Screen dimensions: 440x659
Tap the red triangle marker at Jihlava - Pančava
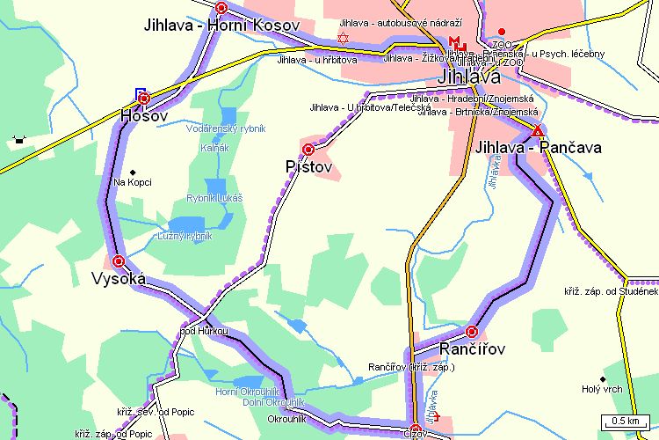537,131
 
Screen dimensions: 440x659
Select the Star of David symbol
343,38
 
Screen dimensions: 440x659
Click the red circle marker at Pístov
308,150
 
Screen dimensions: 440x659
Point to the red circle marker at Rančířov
472,332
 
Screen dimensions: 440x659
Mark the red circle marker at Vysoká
118,260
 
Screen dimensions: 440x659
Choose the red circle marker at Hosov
144,98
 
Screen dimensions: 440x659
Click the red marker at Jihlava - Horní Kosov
221,8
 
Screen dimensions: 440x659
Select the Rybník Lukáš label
214,199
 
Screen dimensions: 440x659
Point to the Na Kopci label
133,182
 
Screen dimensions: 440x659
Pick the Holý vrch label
602,388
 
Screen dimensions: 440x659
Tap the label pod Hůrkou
203,331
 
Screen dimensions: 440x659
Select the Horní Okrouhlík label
247,391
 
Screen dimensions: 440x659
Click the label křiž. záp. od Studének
611,290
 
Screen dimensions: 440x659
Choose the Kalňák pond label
214,148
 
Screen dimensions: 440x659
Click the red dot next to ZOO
502,32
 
